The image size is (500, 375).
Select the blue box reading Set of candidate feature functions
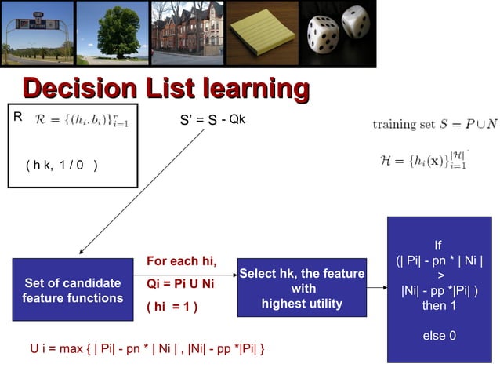[x=73, y=289]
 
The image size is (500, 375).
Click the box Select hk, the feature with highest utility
[x=302, y=288]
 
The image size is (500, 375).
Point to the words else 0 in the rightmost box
[x=439, y=336]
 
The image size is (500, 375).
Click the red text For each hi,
[x=181, y=261]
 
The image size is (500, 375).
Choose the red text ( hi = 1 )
[x=172, y=306]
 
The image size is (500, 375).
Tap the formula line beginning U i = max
[x=147, y=348]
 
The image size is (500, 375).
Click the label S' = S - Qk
[x=212, y=120]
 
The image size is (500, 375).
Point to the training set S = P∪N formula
[x=434, y=124]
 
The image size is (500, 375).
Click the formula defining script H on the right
[x=423, y=160]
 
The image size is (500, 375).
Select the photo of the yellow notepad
[x=262, y=33]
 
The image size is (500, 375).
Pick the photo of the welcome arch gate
[x=37, y=33]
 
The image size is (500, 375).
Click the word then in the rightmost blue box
[x=422, y=305]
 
